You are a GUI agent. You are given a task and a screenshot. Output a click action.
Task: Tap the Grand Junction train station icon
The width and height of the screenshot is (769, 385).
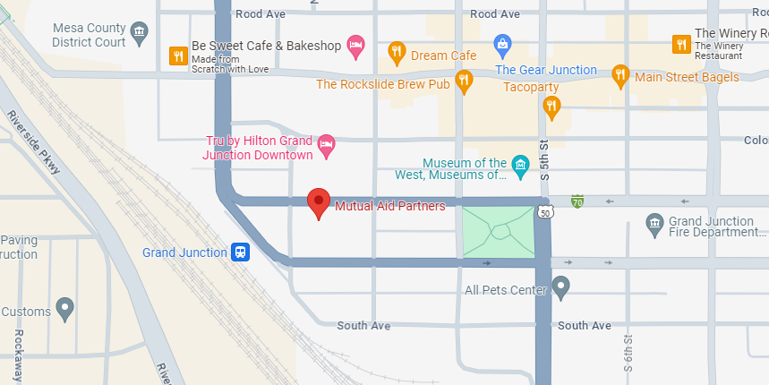[x=240, y=252]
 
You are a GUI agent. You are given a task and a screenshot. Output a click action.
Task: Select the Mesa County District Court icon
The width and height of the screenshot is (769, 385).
[x=140, y=35]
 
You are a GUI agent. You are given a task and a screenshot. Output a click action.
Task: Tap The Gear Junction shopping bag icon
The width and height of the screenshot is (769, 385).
[x=503, y=42]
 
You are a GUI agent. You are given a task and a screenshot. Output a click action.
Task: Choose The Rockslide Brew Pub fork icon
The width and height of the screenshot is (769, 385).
[x=464, y=81]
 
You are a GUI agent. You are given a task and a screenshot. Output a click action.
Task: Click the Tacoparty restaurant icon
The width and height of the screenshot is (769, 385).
[x=552, y=106]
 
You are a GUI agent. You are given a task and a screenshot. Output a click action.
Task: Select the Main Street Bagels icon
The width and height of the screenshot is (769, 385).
[x=620, y=75]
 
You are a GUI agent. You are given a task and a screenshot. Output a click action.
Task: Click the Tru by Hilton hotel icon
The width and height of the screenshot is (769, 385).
[x=327, y=144]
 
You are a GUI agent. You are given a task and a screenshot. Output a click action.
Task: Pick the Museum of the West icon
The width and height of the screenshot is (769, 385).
[x=520, y=166]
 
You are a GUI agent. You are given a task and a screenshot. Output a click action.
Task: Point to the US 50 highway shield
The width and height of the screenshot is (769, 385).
[x=544, y=212]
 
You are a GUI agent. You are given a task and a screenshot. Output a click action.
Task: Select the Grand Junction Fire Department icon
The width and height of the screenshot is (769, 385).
[x=654, y=222]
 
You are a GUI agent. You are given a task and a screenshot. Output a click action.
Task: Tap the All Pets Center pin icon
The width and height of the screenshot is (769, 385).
[x=560, y=287]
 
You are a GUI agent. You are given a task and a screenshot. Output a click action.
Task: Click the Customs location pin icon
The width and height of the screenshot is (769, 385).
[x=64, y=309]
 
